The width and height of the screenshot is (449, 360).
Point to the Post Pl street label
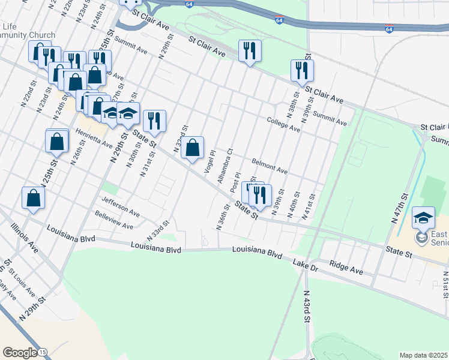click(x=235, y=182)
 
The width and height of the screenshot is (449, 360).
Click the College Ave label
click(x=283, y=124)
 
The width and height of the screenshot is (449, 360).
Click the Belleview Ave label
click(x=114, y=222)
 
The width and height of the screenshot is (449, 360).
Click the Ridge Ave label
click(x=346, y=268)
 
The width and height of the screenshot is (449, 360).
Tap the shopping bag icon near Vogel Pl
click(x=193, y=147)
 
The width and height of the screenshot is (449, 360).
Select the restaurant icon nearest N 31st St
click(x=154, y=121)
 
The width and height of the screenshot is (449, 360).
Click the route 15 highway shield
click(x=43, y=353)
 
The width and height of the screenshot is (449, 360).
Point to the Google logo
click(x=19, y=352)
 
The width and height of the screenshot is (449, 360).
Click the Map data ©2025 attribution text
click(x=423, y=355)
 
